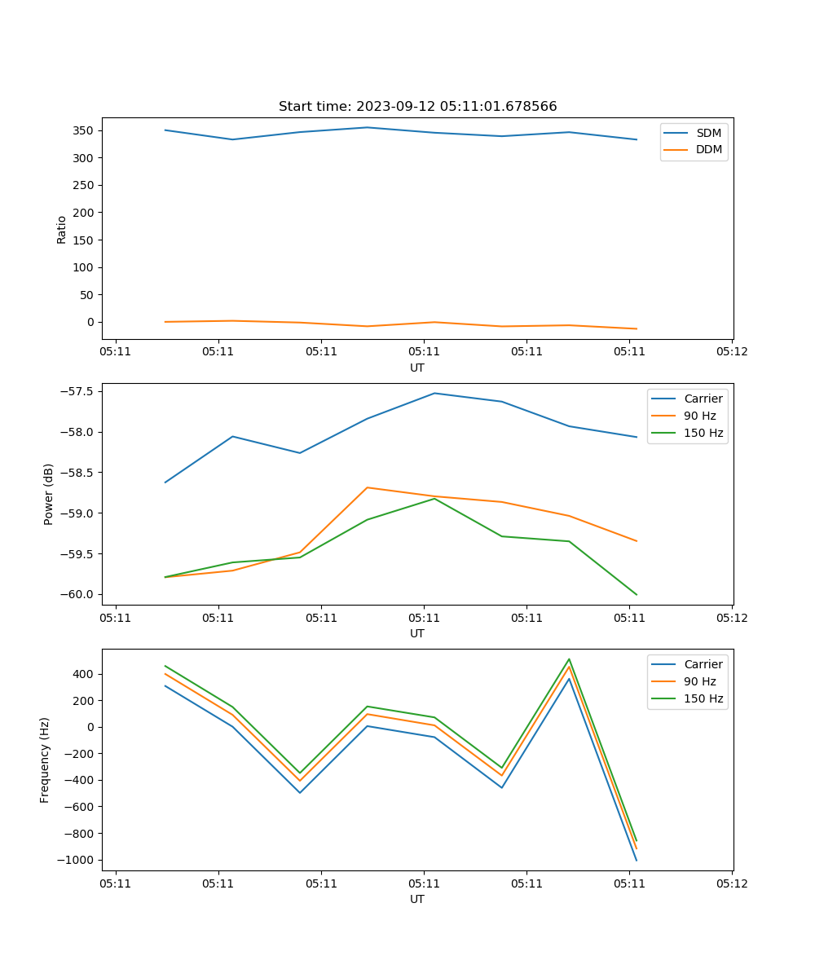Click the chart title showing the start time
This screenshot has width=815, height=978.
[x=417, y=107]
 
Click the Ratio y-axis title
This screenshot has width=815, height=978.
[x=62, y=229]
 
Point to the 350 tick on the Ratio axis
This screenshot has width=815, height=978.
[x=86, y=130]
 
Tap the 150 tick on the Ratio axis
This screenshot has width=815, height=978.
[x=86, y=240]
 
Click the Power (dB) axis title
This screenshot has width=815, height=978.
[x=49, y=494]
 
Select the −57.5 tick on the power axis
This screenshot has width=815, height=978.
[x=79, y=391]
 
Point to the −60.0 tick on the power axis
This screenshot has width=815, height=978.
[x=79, y=594]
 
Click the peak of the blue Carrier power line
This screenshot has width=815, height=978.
[x=434, y=394]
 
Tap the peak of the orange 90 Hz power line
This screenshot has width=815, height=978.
[x=368, y=487]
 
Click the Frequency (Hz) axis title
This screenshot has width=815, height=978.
[x=46, y=760]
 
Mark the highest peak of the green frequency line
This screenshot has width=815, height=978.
[x=569, y=659]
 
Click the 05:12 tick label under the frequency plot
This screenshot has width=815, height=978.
[x=731, y=883]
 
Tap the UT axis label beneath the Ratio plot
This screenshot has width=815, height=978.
[x=417, y=368]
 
